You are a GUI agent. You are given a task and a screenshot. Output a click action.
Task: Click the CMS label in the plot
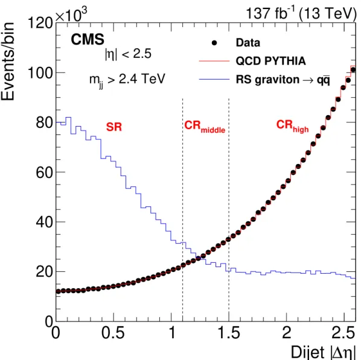tap(88, 39)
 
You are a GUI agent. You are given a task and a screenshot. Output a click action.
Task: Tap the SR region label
tap(113, 127)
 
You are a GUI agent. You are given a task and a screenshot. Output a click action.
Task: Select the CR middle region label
tap(205, 127)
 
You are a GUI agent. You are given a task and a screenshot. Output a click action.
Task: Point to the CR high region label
tap(292, 126)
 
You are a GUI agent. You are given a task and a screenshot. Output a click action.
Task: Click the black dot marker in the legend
tap(214, 43)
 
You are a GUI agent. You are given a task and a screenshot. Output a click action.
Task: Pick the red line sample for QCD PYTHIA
tap(214, 61)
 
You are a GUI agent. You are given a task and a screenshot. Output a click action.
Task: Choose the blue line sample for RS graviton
tap(214, 80)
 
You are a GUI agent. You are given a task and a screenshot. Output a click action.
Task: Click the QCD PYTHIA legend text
tap(270, 61)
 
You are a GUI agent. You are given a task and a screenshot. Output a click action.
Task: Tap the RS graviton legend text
tap(283, 80)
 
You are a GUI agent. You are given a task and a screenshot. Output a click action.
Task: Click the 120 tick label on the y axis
tap(40, 23)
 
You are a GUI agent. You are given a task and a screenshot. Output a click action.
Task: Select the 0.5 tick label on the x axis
tap(113, 333)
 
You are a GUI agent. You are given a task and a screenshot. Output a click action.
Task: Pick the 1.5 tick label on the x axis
tap(229, 333)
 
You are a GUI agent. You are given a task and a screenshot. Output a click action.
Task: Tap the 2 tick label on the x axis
tap(287, 333)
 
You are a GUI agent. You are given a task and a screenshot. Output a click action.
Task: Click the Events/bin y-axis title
tap(8, 62)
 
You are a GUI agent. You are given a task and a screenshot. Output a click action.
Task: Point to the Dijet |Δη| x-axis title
tap(324, 352)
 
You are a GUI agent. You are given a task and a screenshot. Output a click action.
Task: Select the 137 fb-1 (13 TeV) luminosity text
tap(301, 13)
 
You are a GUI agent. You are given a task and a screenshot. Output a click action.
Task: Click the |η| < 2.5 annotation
tap(128, 54)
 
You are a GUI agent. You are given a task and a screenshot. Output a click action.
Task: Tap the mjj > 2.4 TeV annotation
tap(127, 80)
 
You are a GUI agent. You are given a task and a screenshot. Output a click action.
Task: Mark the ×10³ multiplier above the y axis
tap(71, 14)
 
